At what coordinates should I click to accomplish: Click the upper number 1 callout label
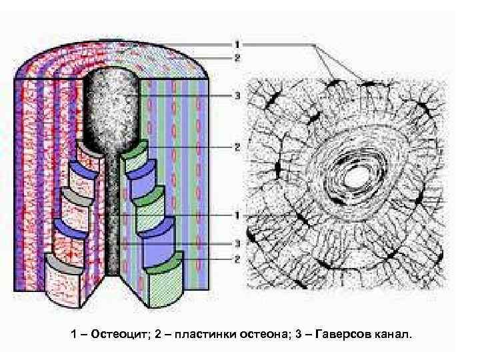(x=237, y=45)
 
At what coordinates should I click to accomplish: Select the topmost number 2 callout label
(x=237, y=57)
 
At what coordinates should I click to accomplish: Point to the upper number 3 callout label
(x=237, y=95)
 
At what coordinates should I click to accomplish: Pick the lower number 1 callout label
(x=237, y=215)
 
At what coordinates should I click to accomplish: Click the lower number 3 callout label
(x=237, y=244)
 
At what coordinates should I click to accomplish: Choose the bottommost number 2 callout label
(x=237, y=257)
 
